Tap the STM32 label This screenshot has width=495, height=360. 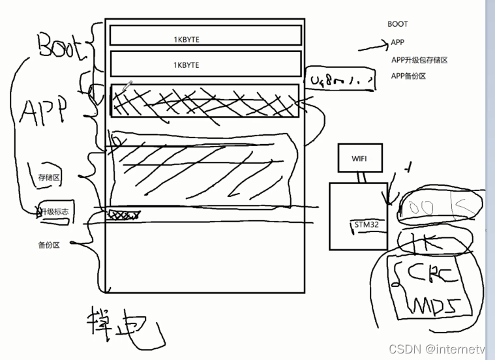coord(365,224)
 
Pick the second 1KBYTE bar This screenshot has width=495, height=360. coord(205,64)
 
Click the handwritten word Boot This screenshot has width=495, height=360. coord(62,46)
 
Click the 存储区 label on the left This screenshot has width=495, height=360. coord(49,177)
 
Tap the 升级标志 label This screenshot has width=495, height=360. coord(53,212)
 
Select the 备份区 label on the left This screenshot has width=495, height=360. coord(49,245)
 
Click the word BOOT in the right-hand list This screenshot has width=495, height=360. coord(397,24)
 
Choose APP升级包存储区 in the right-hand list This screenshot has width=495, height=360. coord(419,60)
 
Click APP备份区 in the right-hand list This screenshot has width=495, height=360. coord(408,76)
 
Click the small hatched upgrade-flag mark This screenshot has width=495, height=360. coord(124,214)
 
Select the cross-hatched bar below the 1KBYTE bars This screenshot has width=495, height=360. coord(205,100)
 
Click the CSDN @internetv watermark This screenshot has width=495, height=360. coord(436,350)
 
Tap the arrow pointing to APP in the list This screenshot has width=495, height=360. coord(372,46)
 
